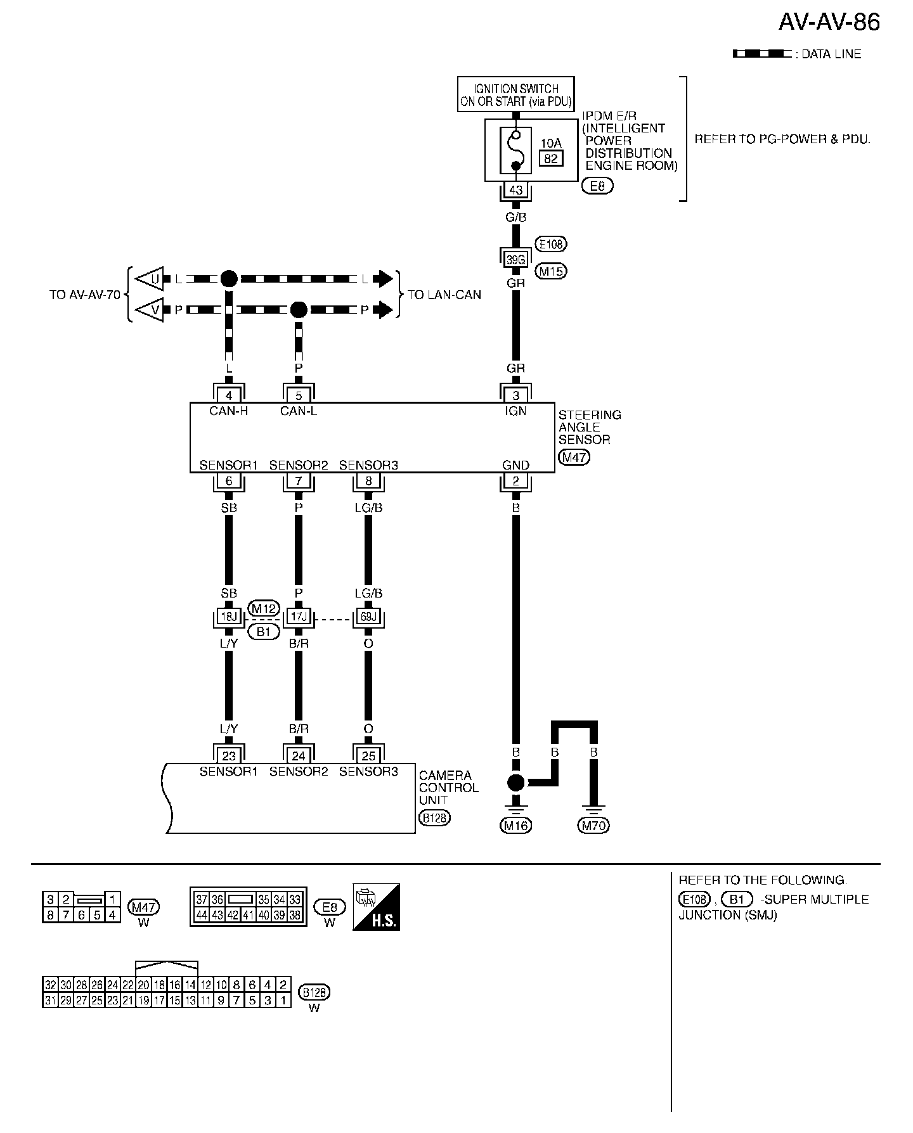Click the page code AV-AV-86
(829, 22)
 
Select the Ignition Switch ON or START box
(516, 94)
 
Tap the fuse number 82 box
(550, 158)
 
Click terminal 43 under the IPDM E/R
(516, 190)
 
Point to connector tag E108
(551, 244)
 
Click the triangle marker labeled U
(152, 278)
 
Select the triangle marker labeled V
(152, 310)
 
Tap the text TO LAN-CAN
(444, 295)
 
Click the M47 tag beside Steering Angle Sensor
(574, 457)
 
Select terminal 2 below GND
(516, 481)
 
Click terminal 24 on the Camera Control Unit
(299, 755)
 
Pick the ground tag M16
(516, 825)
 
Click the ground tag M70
(593, 825)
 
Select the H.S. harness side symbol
(376, 907)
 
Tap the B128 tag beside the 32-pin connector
(314, 992)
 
